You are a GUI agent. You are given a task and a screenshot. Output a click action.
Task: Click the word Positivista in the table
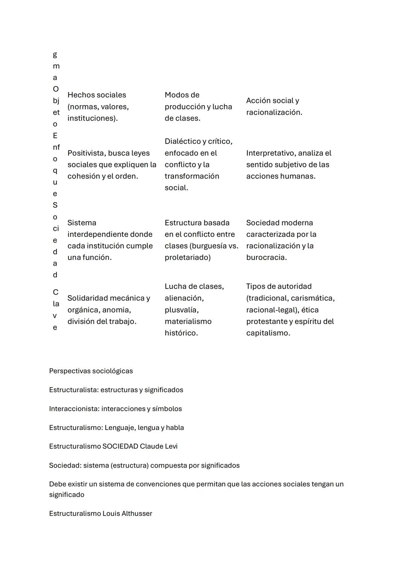[x=85, y=153]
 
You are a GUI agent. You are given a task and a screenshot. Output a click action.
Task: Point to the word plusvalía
[x=181, y=310]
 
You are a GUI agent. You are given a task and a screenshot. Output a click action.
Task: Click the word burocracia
[x=266, y=257]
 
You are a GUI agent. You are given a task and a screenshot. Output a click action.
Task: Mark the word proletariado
[x=187, y=257]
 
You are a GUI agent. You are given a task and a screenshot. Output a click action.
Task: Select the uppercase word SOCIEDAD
[x=120, y=446]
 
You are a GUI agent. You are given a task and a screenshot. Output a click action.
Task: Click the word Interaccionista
[x=74, y=409]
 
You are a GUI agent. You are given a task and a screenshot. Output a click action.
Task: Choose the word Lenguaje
[x=120, y=427]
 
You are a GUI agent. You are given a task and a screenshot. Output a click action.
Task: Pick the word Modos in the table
[x=177, y=95]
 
